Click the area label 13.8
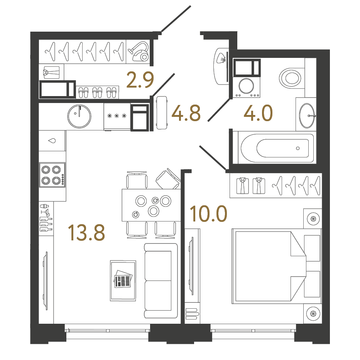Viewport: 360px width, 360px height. tap(86, 233)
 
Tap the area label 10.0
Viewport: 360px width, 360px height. tap(208, 214)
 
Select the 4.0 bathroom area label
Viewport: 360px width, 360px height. tap(258, 113)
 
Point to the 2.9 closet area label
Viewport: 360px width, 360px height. tap(140, 79)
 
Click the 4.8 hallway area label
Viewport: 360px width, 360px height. tap(186, 113)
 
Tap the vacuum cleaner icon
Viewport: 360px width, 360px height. tap(138, 51)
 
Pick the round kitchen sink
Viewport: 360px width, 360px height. tap(79, 116)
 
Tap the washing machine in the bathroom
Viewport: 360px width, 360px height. tap(246, 87)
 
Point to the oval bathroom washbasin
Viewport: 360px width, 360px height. tap(307, 115)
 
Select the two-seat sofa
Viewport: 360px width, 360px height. tap(161, 281)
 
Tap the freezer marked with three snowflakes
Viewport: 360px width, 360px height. tap(117, 116)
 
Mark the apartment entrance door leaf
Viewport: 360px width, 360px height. tap(176, 19)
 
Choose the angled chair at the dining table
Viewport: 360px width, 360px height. tap(168, 179)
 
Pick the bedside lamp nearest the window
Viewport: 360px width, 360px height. tap(313, 313)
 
